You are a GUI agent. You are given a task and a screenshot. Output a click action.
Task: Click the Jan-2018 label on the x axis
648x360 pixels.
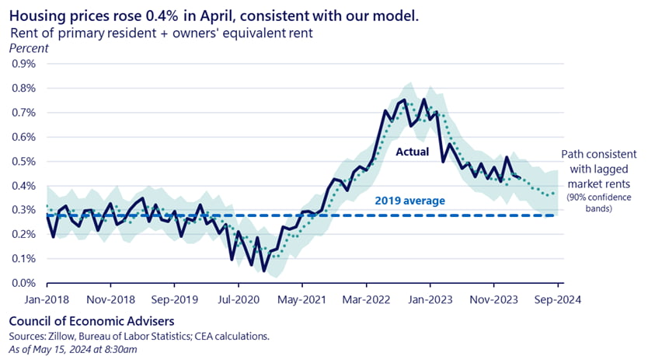pos(47,299)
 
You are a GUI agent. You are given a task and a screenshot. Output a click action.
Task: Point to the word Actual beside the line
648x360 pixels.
pos(412,152)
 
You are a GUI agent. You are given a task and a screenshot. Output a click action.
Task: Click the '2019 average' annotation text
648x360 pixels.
pos(409,201)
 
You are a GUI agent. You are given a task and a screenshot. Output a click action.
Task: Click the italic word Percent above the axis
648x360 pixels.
pos(28,48)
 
